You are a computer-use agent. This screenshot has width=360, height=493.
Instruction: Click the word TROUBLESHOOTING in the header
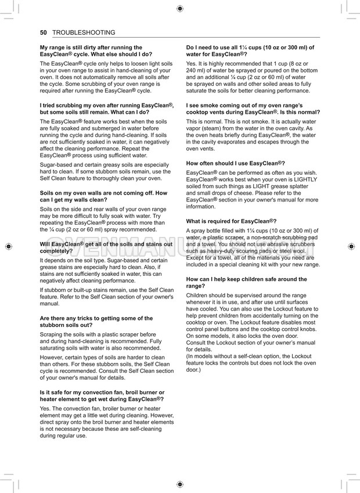pyautogui.click(x=84, y=33)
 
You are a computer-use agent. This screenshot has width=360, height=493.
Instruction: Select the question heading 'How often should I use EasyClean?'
pyautogui.click(x=235, y=163)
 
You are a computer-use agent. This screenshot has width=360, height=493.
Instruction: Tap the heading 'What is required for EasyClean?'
pyautogui.click(x=231, y=221)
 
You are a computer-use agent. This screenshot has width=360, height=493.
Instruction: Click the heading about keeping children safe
pyautogui.click(x=247, y=283)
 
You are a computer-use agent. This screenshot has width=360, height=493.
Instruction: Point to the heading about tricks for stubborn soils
pyautogui.click(x=96, y=322)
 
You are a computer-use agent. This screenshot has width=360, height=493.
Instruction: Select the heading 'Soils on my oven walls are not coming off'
pyautogui.click(x=103, y=196)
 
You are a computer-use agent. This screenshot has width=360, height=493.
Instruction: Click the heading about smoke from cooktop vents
pyautogui.click(x=253, y=108)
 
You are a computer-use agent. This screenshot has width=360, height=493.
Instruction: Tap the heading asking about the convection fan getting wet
pyautogui.click(x=102, y=395)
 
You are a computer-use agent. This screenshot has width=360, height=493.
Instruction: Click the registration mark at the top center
pyautogui.click(x=180, y=8)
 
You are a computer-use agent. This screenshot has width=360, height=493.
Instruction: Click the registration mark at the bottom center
pyautogui.click(x=180, y=484)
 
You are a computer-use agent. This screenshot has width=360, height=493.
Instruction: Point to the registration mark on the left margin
pyautogui.click(x=8, y=246)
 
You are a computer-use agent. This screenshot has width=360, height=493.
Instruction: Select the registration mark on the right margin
pyautogui.click(x=351, y=246)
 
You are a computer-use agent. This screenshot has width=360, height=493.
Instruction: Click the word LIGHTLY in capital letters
pyautogui.click(x=305, y=180)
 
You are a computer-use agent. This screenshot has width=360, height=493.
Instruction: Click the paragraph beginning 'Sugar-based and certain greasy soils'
pyautogui.click(x=105, y=171)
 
